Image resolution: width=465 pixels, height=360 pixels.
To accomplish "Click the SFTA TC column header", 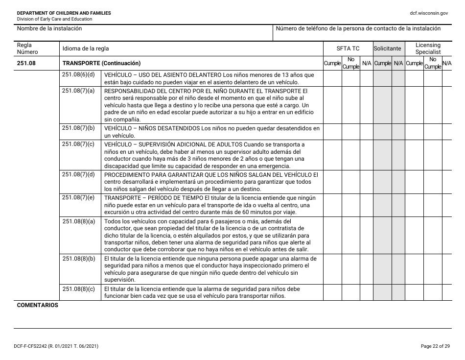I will pyautogui.click(x=348, y=48).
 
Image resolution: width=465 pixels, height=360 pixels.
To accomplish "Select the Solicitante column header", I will pyautogui.click(x=388, y=48).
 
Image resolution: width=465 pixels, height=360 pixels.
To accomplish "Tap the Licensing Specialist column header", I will pyautogui.click(x=428, y=48).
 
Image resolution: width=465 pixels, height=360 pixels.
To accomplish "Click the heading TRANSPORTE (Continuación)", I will pyautogui.click(x=101, y=63).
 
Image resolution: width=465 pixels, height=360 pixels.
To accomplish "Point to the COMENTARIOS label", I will pyautogui.click(x=38, y=305).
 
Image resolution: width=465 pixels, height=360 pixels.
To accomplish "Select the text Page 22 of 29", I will pyautogui.click(x=434, y=347).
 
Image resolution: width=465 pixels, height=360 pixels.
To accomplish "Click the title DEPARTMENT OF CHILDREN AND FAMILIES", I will pyautogui.click(x=64, y=13).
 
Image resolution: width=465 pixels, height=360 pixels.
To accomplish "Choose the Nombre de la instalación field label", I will pyautogui.click(x=49, y=28).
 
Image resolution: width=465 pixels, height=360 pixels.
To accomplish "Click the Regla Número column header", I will pyautogui.click(x=24, y=48).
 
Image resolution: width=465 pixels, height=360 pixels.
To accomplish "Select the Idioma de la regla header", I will pyautogui.click(x=86, y=48).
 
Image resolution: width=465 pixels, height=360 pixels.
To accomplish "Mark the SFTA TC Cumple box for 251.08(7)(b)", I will pyautogui.click(x=332, y=132).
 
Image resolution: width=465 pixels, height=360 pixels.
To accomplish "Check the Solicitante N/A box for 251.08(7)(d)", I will pyautogui.click(x=398, y=182).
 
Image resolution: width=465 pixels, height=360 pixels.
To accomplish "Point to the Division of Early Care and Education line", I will pyautogui.click(x=54, y=19).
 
